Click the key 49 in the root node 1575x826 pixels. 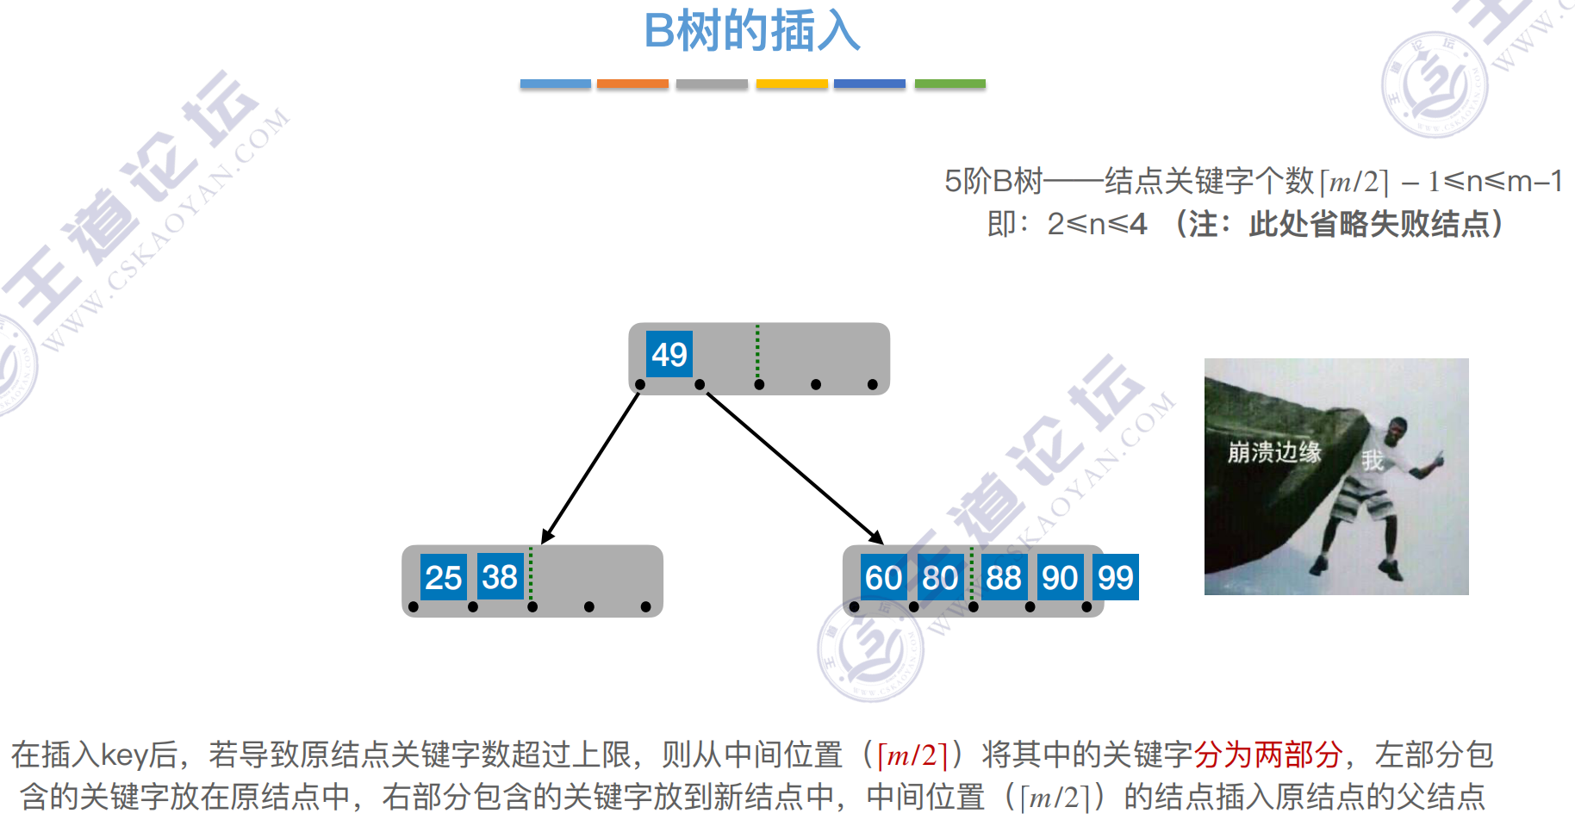pyautogui.click(x=669, y=354)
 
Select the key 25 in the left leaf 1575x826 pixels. pyautogui.click(x=443, y=577)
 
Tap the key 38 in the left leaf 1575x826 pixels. pyautogui.click(x=500, y=576)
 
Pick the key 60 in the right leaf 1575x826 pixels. pyautogui.click(x=883, y=577)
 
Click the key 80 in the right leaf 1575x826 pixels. pyautogui.click(x=940, y=577)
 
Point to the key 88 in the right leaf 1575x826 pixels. pyautogui.click(x=1003, y=577)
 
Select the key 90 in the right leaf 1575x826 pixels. pyautogui.click(x=1059, y=577)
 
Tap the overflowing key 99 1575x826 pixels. pyautogui.click(x=1116, y=577)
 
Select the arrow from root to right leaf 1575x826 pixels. pyautogui.click(x=793, y=468)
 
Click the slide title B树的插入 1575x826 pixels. pyautogui.click(x=752, y=32)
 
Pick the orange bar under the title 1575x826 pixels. pyautogui.click(x=632, y=84)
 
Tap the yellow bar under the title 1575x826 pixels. pyautogui.click(x=792, y=84)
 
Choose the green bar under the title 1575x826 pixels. pyautogui.click(x=949, y=84)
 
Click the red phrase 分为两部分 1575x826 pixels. pyautogui.click(x=1267, y=755)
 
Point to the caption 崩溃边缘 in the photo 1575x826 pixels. pyautogui.click(x=1273, y=451)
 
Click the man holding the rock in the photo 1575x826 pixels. pyautogui.click(x=1379, y=491)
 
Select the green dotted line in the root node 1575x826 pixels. pyautogui.click(x=757, y=351)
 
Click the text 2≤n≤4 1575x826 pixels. pyautogui.click(x=1097, y=225)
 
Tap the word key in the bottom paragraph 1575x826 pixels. pyautogui.click(x=126, y=755)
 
